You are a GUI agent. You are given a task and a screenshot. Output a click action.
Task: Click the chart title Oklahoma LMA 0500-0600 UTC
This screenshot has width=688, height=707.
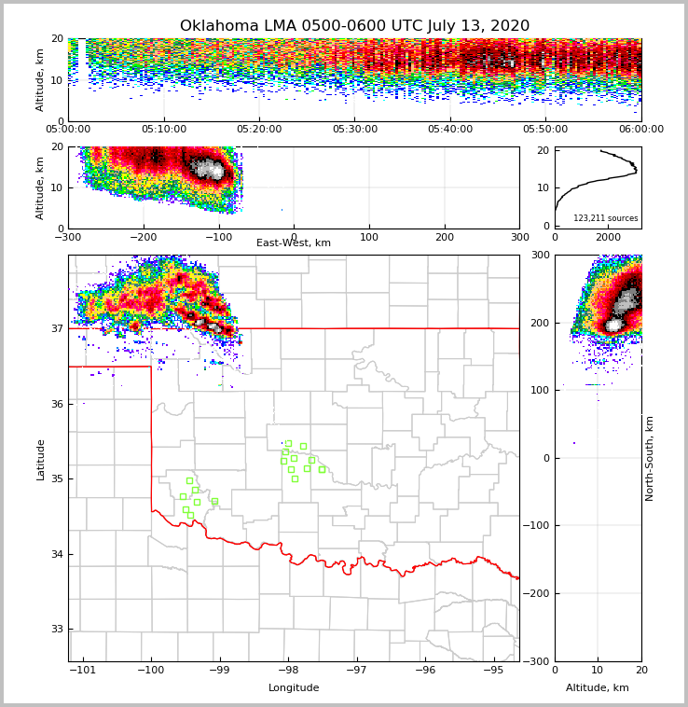tap(354, 26)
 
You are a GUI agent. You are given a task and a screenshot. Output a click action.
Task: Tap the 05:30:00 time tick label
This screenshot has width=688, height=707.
tap(355, 130)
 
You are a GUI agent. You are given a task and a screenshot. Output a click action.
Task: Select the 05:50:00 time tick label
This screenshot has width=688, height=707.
tap(545, 130)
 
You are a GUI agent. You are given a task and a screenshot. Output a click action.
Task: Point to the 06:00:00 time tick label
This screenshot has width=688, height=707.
tap(640, 130)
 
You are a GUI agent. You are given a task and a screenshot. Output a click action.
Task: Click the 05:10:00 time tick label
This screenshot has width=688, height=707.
tap(164, 130)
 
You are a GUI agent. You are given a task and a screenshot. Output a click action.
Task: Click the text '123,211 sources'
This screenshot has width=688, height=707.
tap(605, 218)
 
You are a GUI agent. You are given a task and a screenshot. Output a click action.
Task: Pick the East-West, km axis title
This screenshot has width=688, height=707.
tap(294, 243)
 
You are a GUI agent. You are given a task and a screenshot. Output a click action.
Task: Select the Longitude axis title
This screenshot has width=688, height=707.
tap(294, 688)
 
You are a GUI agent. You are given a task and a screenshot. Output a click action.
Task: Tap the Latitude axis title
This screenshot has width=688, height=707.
tap(40, 459)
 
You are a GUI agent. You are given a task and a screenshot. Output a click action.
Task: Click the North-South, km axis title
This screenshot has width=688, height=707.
tap(650, 458)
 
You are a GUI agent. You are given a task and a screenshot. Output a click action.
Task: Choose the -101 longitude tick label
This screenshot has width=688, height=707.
tap(83, 670)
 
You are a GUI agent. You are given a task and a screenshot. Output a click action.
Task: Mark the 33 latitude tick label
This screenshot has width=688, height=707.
tap(56, 630)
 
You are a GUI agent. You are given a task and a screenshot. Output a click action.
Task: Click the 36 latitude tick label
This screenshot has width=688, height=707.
tap(56, 404)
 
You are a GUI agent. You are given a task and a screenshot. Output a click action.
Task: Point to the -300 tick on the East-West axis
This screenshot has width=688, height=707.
tap(68, 238)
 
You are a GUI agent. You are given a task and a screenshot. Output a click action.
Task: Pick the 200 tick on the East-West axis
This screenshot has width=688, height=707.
tap(445, 238)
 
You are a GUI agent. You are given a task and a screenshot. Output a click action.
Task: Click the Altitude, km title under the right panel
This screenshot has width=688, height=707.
tap(598, 688)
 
